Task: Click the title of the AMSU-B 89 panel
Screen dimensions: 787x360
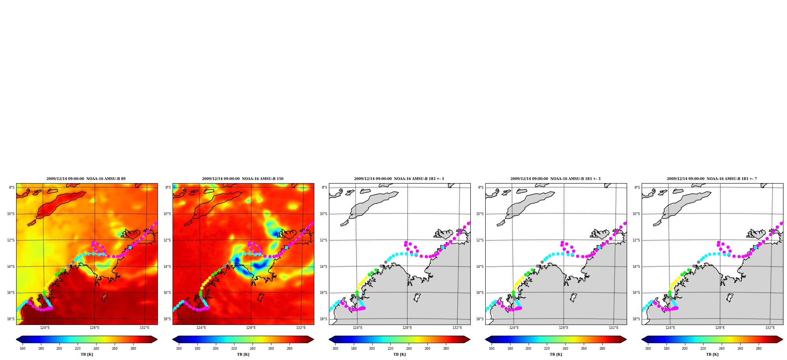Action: [86, 179]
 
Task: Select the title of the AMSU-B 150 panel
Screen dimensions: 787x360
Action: [243, 179]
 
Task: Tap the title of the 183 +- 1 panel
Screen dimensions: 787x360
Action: [399, 179]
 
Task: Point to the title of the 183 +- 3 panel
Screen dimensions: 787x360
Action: [555, 179]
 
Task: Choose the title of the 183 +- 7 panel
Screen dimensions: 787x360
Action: [712, 179]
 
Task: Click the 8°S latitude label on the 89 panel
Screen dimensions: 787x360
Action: [11, 187]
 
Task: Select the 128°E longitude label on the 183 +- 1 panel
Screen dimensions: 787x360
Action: [407, 328]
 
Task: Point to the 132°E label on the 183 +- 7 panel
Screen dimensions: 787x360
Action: [770, 328]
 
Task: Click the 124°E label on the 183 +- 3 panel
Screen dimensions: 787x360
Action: [514, 328]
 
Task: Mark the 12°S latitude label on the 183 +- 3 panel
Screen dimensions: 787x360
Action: [480, 240]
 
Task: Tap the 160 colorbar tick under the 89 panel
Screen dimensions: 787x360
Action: [22, 348]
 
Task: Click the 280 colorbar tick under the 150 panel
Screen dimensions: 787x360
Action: [290, 348]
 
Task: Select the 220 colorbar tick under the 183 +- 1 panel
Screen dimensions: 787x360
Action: [390, 348]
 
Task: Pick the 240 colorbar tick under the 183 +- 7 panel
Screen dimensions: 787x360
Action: [722, 348]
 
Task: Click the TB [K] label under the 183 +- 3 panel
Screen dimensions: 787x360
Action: [556, 354]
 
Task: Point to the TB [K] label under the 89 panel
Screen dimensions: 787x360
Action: [87, 354]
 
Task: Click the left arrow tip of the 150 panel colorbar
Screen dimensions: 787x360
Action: [173, 340]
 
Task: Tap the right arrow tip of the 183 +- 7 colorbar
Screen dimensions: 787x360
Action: [783, 340]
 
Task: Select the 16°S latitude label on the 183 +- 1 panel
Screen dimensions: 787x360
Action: [323, 293]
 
